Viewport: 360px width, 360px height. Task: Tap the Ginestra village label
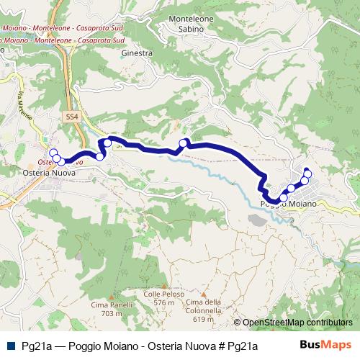pos(138,53)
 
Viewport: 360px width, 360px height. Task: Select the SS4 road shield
pos(70,116)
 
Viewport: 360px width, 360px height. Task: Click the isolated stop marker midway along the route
pos(183,143)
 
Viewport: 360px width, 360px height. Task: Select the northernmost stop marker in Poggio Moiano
pos(307,173)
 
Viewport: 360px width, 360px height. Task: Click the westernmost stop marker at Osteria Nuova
pos(53,152)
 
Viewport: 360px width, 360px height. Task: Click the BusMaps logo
pos(327,346)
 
